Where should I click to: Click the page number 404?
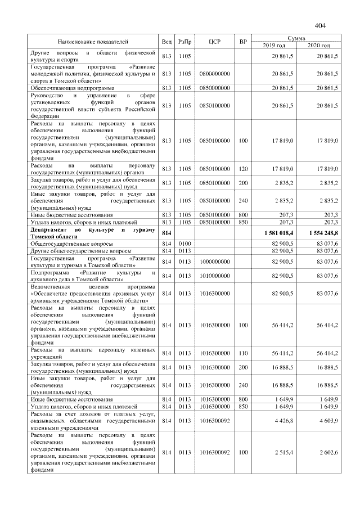click(321, 25)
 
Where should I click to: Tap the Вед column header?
click(166, 42)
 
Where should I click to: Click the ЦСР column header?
click(214, 42)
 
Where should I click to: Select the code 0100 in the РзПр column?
click(185, 243)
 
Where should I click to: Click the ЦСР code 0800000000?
click(214, 74)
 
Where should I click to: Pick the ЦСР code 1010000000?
click(214, 276)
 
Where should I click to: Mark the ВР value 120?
click(243, 169)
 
